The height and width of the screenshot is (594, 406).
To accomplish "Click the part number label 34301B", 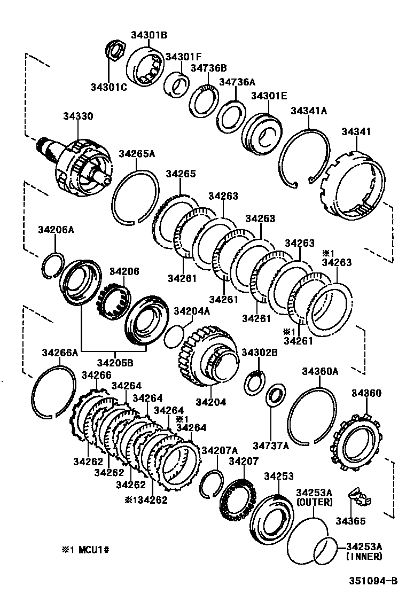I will [x=149, y=35].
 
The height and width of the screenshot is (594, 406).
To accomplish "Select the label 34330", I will [x=77, y=116].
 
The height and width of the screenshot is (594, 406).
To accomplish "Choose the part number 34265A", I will [x=136, y=154].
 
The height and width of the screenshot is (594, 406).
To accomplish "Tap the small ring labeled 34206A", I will [x=53, y=264].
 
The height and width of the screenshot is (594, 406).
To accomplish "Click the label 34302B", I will [x=260, y=353].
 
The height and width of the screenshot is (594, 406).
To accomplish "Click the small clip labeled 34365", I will [x=359, y=497].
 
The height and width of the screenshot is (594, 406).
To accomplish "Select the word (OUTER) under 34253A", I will [x=314, y=502].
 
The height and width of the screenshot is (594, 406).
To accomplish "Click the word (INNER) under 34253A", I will [x=364, y=556].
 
